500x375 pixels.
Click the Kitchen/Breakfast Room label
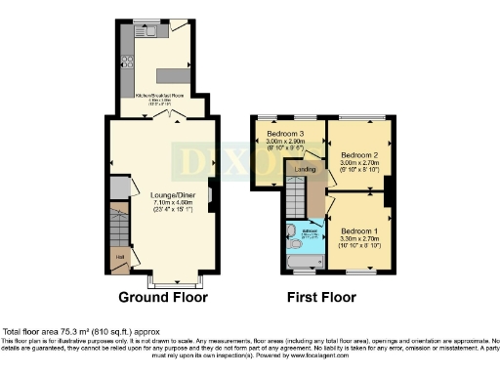[x=160, y=93]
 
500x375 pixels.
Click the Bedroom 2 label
[x=358, y=154]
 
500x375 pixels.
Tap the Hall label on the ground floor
[x=119, y=257]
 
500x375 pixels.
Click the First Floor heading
[x=321, y=296]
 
